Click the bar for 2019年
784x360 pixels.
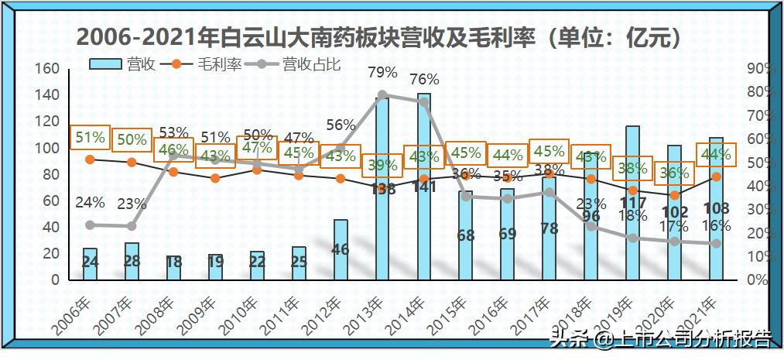(x=632, y=202)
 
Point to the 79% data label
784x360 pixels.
(x=382, y=74)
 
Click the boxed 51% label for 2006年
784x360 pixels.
(x=90, y=138)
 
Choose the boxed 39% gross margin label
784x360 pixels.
(x=382, y=165)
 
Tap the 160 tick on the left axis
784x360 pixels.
(x=48, y=69)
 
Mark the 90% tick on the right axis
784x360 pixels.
(x=760, y=69)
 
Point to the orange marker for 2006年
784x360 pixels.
(x=90, y=159)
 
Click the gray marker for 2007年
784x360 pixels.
(x=132, y=226)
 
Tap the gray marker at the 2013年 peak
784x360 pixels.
(x=382, y=95)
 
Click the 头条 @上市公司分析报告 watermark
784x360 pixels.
(x=660, y=338)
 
